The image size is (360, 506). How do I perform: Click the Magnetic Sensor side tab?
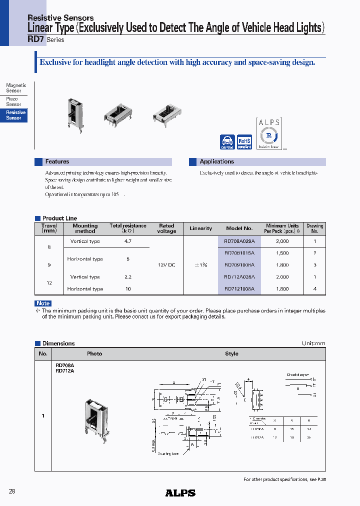(15, 88)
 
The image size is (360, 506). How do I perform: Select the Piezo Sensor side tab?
(13, 101)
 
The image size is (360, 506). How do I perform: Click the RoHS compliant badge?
(244, 142)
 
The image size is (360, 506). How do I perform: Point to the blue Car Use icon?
(227, 142)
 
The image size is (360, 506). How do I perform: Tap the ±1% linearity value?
(200, 265)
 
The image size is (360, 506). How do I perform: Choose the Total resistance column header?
(128, 228)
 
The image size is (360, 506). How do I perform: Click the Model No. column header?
(239, 228)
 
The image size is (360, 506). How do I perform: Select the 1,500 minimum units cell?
(282, 253)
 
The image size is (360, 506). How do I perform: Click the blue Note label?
(43, 303)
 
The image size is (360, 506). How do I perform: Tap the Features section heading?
(57, 162)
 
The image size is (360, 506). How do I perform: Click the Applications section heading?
(216, 162)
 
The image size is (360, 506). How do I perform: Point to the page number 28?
(12, 491)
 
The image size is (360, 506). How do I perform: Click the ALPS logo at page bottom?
(180, 493)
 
